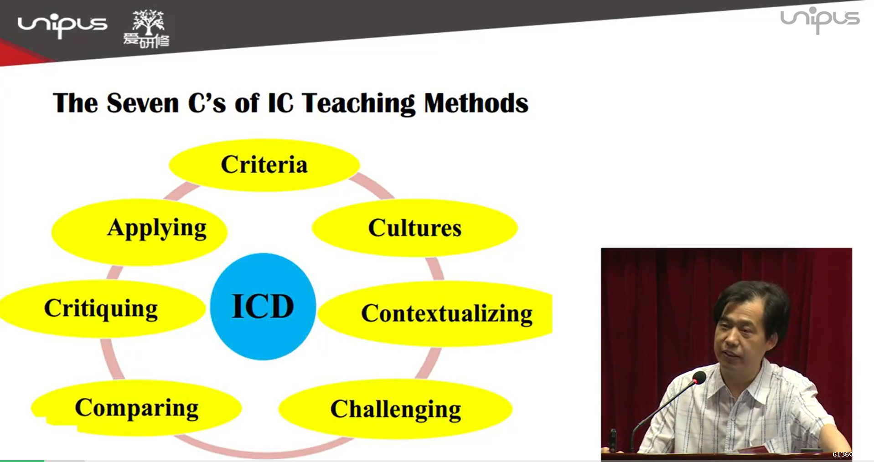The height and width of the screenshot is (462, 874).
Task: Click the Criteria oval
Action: pos(264,165)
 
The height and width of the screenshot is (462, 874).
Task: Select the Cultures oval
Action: pos(414,227)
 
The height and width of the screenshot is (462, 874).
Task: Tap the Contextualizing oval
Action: pos(435,313)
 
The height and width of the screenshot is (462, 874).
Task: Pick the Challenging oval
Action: pos(395,409)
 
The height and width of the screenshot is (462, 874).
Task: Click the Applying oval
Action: pos(140,232)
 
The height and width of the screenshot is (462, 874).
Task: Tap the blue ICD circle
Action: pos(263,307)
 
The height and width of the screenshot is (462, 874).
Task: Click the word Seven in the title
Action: pos(143,103)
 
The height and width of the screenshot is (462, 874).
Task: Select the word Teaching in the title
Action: pos(358,103)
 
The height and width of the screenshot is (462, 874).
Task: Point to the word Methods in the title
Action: pos(476,103)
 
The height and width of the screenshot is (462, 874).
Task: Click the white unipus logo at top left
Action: pos(62,26)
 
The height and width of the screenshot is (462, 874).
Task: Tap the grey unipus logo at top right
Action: pos(820,20)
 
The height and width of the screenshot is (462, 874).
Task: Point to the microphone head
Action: pos(698,378)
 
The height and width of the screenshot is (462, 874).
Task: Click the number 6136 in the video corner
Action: pos(842,454)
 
